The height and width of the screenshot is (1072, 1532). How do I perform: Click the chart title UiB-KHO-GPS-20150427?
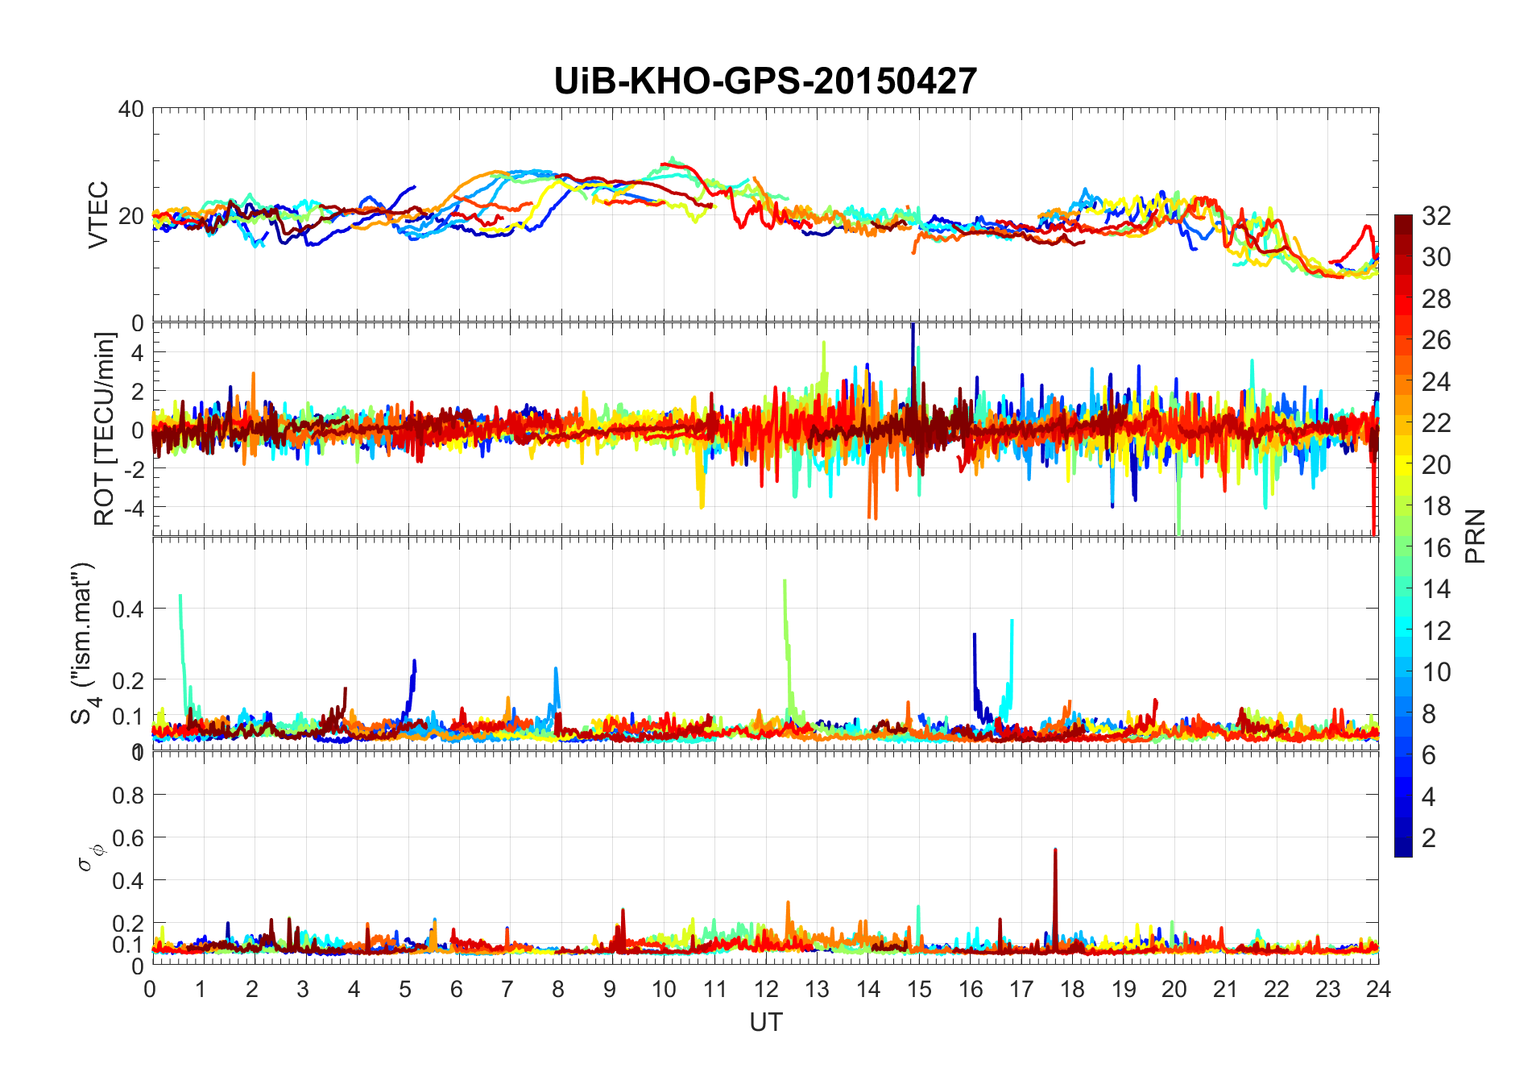tap(765, 81)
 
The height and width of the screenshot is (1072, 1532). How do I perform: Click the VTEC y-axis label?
tap(98, 214)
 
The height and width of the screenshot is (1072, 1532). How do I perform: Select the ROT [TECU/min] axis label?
tap(104, 429)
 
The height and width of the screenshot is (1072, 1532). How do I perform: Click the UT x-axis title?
tap(765, 1022)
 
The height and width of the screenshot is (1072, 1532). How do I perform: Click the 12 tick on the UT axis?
tap(766, 989)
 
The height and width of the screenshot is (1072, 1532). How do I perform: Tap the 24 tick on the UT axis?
tap(1378, 989)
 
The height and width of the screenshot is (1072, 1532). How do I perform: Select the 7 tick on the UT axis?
tap(507, 989)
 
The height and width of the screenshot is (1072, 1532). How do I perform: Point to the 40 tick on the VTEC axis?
tap(131, 109)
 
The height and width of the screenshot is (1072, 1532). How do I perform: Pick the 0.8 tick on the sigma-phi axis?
tap(128, 796)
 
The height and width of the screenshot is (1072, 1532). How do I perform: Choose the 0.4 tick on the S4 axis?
tap(128, 609)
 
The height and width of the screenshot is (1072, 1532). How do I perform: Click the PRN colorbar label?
tap(1476, 536)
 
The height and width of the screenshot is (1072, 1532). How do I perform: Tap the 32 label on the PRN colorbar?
tap(1436, 216)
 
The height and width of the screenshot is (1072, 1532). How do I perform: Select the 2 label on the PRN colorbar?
tap(1429, 838)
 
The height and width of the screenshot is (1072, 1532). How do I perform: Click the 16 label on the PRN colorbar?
tap(1436, 548)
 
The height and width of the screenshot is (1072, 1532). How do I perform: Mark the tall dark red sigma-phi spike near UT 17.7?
tap(1055, 851)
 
